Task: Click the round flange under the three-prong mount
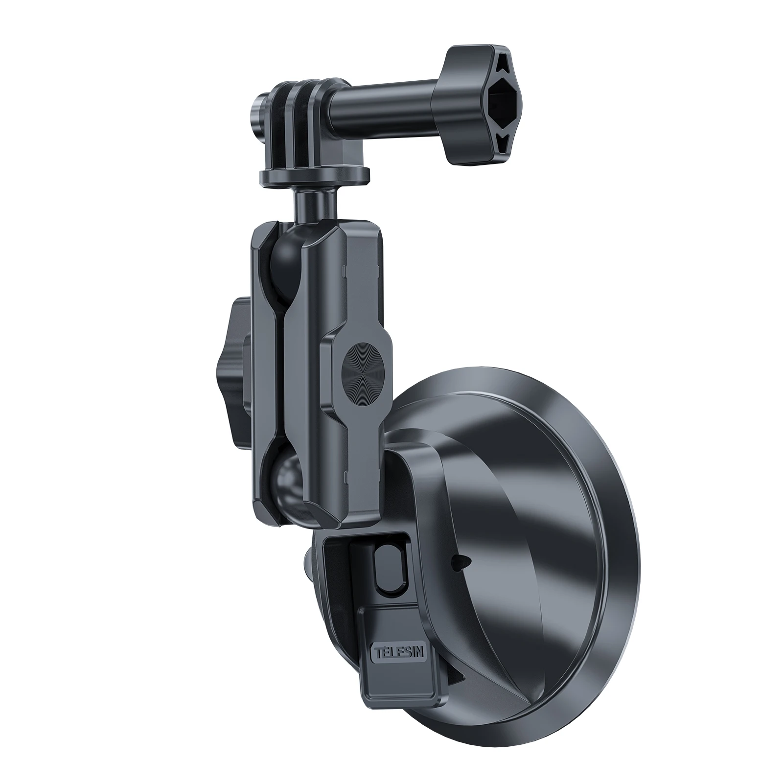[x=313, y=175]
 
